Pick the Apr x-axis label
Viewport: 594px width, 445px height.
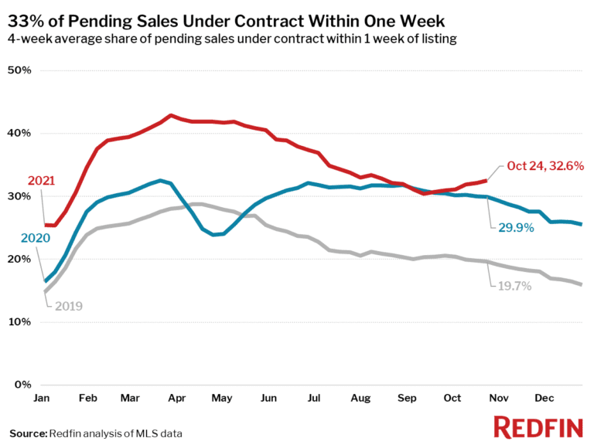(x=177, y=399)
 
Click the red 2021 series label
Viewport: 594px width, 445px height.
(x=42, y=181)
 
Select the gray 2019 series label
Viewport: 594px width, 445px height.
(x=68, y=306)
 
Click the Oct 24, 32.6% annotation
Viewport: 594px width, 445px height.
(x=544, y=166)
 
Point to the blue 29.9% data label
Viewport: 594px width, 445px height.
(x=511, y=227)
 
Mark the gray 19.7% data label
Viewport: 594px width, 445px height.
(x=511, y=286)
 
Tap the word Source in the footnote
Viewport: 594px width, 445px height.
(x=28, y=433)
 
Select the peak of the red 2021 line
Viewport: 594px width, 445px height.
(x=171, y=115)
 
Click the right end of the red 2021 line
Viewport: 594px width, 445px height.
(x=486, y=180)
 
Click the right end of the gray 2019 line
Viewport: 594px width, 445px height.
(x=582, y=284)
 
